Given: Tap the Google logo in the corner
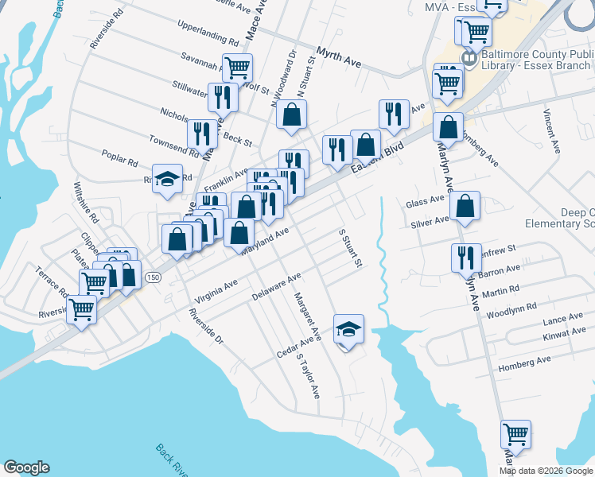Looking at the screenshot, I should coord(26,467).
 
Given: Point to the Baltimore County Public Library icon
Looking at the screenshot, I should coord(469,58).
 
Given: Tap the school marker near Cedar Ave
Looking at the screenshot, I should coord(348,328).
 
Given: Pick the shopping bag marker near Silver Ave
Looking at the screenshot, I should coord(465,207).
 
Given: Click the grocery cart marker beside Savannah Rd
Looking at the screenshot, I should coord(237,68).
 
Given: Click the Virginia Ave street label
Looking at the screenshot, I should coord(215,293).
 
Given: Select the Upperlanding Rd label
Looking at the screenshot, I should coord(208,38).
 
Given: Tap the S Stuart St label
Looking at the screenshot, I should coord(351,249).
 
